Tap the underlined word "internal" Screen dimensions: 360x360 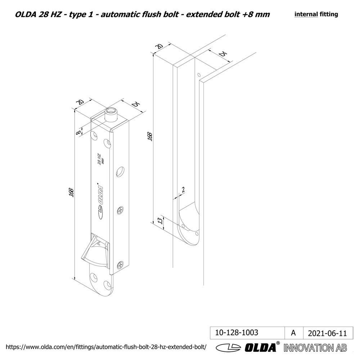coord(306,14)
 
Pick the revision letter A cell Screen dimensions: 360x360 coord(293,333)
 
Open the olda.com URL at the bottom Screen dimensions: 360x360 coord(106,347)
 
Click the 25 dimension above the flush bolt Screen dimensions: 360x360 coord(135,105)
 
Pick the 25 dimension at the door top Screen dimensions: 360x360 coord(223,54)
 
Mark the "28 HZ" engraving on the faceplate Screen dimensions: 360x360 coord(98,159)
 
